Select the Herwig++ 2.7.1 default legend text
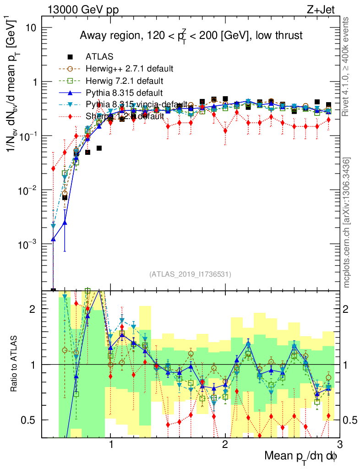129,69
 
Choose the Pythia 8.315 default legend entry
124,93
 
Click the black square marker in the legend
70,57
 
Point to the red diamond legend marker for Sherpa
70,116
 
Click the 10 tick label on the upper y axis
31,28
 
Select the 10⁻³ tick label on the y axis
27,245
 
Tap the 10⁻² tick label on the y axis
27,191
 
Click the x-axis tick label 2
225,446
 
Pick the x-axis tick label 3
339,446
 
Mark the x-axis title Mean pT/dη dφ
301,456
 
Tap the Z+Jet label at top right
324,10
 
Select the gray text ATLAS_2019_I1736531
190,274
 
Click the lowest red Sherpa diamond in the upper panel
53,169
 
